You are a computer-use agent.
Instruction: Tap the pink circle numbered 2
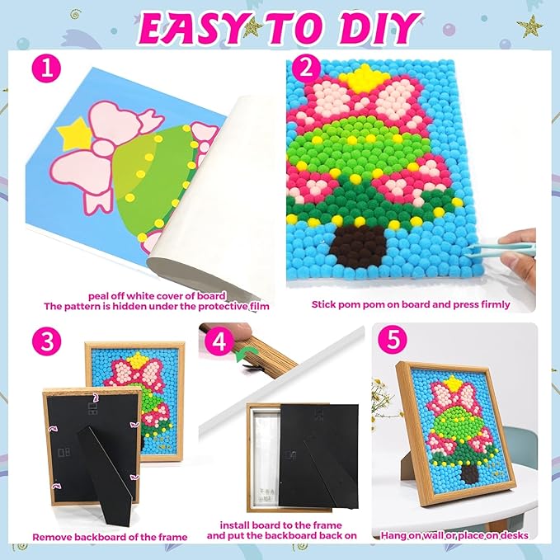311,72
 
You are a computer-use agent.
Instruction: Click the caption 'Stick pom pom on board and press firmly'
410,304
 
